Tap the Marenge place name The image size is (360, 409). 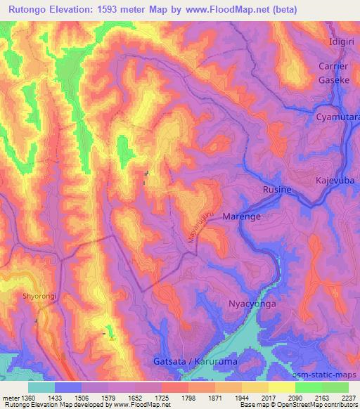tap(241, 217)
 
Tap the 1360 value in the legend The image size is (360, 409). tap(28, 398)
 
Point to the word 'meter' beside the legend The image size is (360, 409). tap(10, 398)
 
